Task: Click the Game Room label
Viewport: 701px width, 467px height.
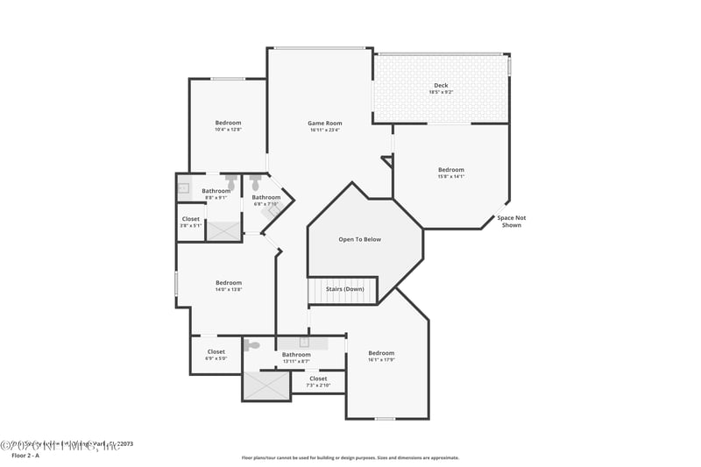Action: (x=324, y=124)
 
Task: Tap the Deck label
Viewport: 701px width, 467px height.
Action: (x=441, y=86)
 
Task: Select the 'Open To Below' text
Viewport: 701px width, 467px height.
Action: (x=360, y=239)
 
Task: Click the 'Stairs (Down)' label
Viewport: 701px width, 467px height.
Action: (x=345, y=289)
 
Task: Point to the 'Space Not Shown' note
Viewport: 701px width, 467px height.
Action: (x=511, y=222)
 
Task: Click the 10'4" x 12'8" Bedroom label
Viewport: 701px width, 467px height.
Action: (x=228, y=123)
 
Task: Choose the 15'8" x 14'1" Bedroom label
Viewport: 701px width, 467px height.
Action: (x=451, y=170)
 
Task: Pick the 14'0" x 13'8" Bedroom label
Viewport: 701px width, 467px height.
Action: (x=229, y=283)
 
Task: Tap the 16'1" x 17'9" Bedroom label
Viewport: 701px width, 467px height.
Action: (x=381, y=353)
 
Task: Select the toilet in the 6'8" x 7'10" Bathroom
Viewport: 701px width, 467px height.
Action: (x=255, y=182)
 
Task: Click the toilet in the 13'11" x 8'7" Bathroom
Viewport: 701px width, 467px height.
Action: (x=252, y=345)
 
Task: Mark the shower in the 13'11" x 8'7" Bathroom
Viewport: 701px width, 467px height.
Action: (x=266, y=386)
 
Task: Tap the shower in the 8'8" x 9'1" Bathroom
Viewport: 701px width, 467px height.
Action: (x=223, y=231)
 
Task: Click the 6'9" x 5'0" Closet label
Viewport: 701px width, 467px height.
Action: (x=216, y=352)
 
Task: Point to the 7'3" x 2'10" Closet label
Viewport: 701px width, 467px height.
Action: (x=318, y=379)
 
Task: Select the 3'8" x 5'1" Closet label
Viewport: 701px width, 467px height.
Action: (x=190, y=219)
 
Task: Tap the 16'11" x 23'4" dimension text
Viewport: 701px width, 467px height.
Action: (x=324, y=131)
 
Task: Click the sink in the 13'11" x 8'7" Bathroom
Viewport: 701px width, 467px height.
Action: (x=304, y=342)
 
